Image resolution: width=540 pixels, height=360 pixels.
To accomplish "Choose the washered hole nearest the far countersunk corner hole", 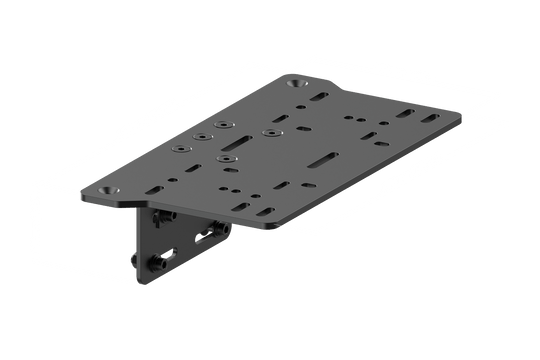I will click(268, 130).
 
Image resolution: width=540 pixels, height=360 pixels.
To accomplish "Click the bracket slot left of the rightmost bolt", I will click(205, 237).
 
